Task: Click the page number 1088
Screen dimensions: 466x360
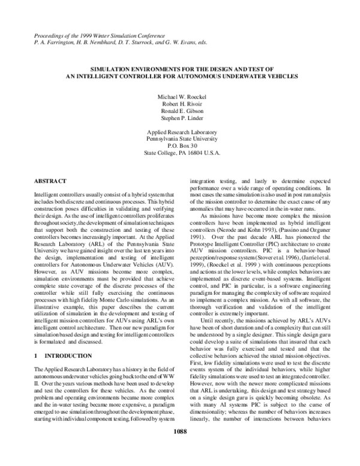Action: tap(180, 447)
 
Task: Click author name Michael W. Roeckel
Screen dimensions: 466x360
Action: tap(180, 97)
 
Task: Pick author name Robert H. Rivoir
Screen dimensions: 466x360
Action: tap(180, 104)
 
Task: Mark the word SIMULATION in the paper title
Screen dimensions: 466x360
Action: tap(117, 70)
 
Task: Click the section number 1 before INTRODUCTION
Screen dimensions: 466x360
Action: tap(37, 356)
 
